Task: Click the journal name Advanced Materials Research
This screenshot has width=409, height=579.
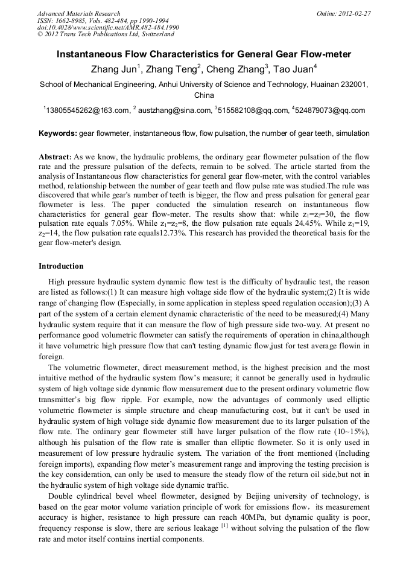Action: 78,13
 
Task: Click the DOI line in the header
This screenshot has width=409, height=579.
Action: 108,28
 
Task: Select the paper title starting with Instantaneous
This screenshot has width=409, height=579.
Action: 204,54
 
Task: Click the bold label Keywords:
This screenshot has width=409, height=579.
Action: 58,133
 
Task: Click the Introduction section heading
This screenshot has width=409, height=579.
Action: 61,266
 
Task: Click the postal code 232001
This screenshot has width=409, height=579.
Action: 353,85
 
